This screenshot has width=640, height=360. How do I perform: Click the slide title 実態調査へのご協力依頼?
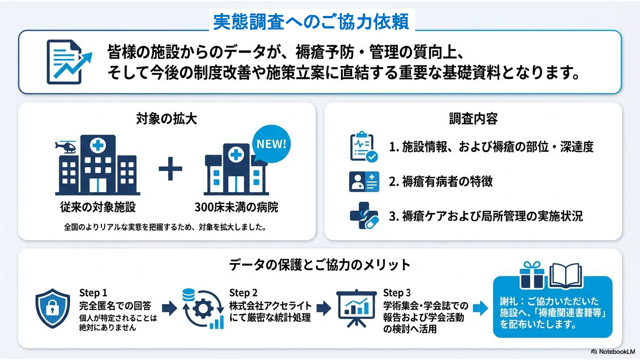pyautogui.click(x=311, y=22)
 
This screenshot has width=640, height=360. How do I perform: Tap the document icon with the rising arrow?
pyautogui.click(x=69, y=62)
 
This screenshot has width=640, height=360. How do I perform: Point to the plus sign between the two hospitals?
pyautogui.click(x=170, y=169)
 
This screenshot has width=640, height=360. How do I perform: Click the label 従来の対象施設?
pyautogui.click(x=98, y=207)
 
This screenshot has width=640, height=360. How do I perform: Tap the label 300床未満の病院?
pyautogui.click(x=236, y=207)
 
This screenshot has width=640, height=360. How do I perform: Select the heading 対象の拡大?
pyautogui.click(x=166, y=119)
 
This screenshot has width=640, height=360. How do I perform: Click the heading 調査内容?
pyautogui.click(x=473, y=119)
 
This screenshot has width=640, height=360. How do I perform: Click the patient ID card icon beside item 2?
pyautogui.click(x=364, y=181)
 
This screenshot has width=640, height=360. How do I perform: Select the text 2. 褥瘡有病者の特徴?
pyautogui.click(x=441, y=181)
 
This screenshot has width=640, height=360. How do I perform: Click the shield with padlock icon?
pyautogui.click(x=52, y=308)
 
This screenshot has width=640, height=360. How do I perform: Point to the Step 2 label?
pyautogui.click(x=243, y=293)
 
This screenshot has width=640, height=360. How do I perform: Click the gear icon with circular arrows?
pyautogui.click(x=203, y=309)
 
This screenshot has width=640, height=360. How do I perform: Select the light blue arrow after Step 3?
pyautogui.click(x=480, y=308)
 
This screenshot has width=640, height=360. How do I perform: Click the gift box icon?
pyautogui.click(x=532, y=275)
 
